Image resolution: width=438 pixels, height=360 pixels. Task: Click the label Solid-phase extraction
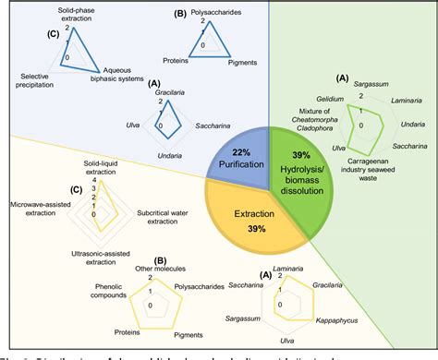76,15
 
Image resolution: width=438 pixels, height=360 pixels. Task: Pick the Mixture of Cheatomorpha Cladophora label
304,119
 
